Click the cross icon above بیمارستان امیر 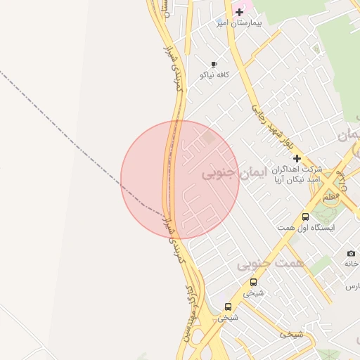point(240,12)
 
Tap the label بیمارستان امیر point(238,23)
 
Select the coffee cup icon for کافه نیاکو point(214,64)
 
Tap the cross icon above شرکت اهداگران point(297,159)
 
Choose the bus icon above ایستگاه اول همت point(305,217)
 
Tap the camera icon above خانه point(351,253)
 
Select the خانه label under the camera point(352,263)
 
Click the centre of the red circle point(180,179)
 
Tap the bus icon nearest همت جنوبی point(253,282)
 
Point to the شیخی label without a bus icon point(290,334)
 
